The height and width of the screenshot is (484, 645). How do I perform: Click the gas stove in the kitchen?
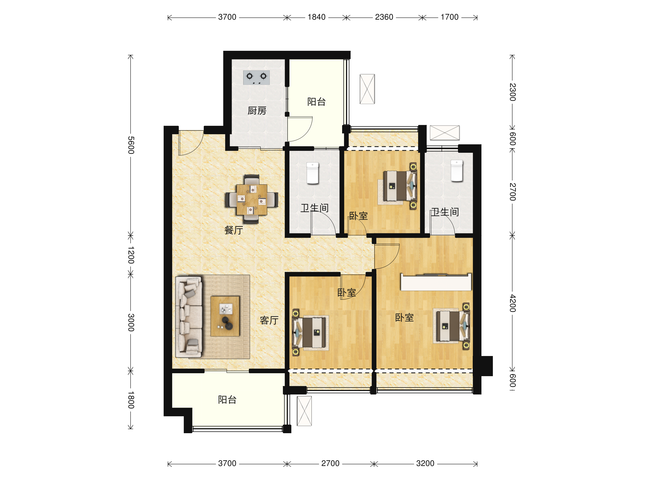(256, 78)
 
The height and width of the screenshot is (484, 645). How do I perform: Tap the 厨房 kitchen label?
(257, 111)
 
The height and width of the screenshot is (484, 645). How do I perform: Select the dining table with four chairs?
(252, 199)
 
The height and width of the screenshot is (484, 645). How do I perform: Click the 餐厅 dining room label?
(234, 230)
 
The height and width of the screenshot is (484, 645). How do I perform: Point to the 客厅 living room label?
(269, 320)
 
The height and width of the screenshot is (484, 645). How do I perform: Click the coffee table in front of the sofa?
(225, 316)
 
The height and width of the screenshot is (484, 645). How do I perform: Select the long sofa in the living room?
(189, 317)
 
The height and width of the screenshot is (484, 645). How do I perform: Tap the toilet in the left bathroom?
(313, 173)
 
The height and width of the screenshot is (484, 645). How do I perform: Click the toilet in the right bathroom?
(457, 171)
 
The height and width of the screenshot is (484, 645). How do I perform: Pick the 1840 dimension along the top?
(316, 17)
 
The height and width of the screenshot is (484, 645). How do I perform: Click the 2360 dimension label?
(384, 17)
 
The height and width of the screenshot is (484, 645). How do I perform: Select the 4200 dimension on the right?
(513, 303)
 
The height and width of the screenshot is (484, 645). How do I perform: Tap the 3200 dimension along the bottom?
(425, 463)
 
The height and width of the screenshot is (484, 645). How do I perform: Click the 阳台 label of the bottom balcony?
(227, 400)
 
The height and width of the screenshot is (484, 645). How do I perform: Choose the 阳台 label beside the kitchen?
(316, 102)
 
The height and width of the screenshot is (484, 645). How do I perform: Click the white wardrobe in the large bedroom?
(436, 282)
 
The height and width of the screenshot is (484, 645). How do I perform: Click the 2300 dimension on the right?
(513, 92)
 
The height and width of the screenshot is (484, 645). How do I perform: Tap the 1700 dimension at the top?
(449, 17)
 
